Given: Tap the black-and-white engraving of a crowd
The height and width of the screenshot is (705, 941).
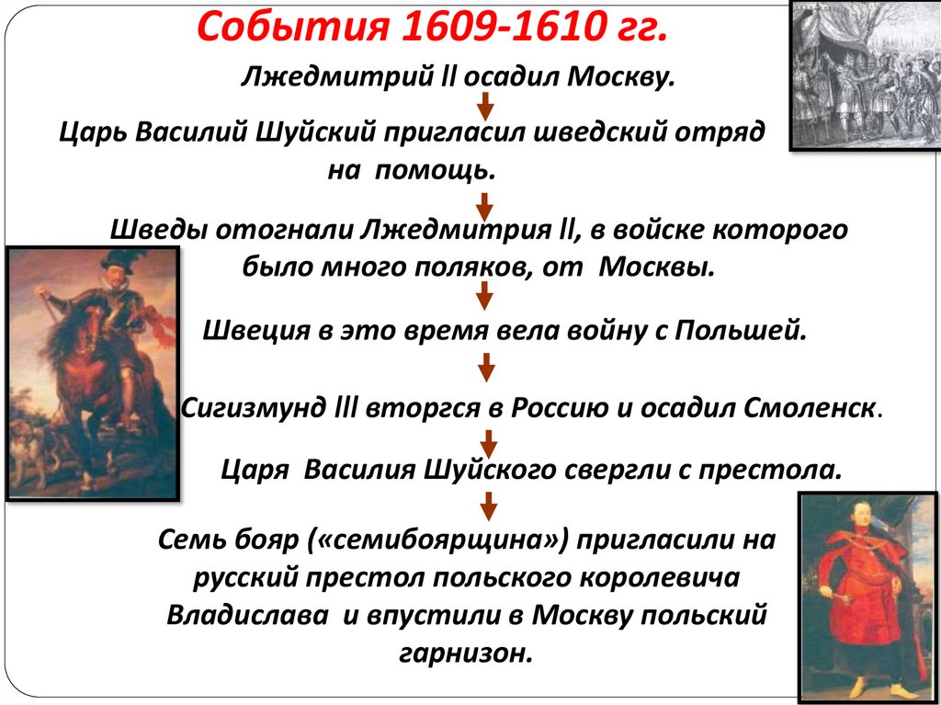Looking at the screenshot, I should click(865, 74).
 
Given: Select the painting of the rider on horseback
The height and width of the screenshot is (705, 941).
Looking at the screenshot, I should click(91, 372).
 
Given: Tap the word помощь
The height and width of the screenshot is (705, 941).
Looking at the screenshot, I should click(436, 170).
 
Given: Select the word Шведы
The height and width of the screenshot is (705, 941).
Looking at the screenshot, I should click(157, 230).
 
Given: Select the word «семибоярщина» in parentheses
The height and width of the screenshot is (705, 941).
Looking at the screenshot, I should click(449, 540).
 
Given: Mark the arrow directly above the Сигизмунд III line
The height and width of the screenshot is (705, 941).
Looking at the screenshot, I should click(485, 368).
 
